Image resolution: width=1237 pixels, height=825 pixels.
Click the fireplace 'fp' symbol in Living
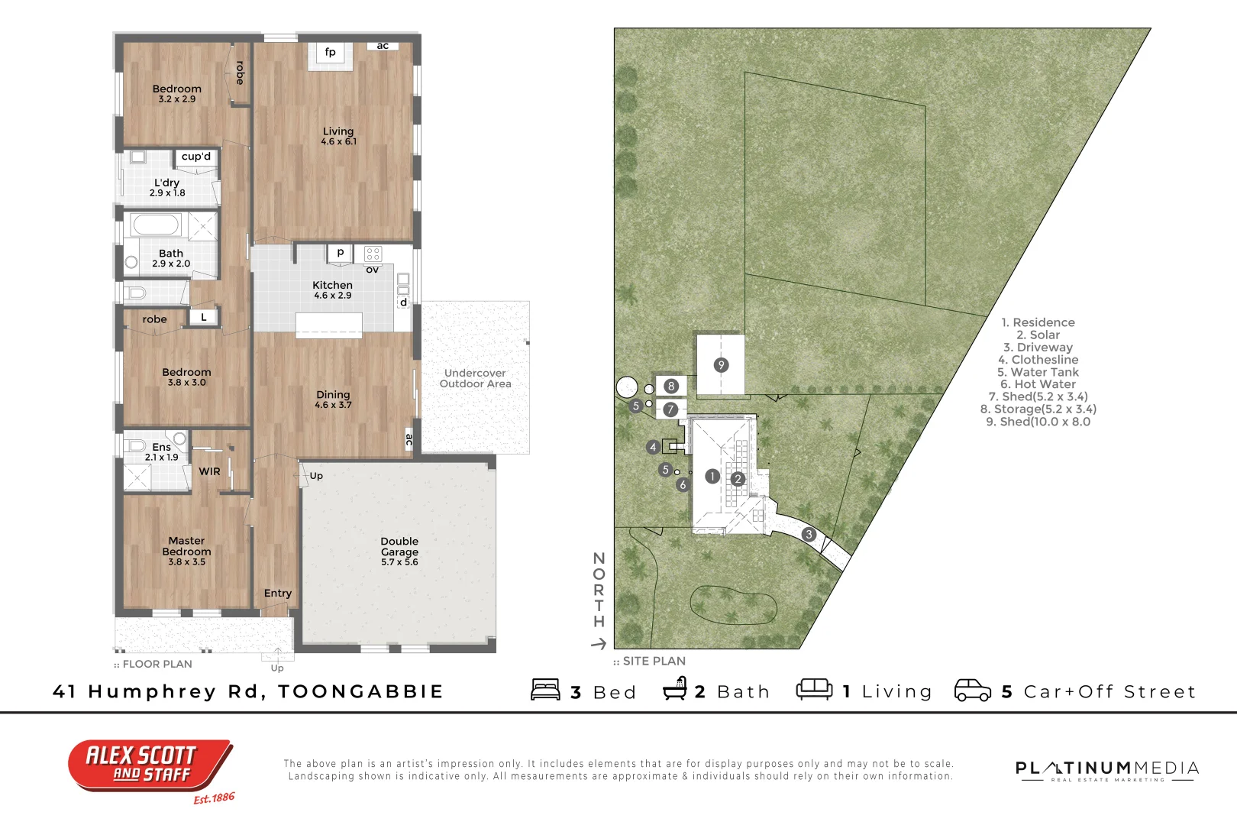point(330,53)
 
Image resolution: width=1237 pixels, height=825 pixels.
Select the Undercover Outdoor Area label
point(475,378)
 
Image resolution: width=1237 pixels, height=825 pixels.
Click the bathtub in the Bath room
point(155,225)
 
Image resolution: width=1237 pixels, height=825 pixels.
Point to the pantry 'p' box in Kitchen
point(340,253)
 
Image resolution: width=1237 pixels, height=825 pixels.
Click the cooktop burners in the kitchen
point(373,254)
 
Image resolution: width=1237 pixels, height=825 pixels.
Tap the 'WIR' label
point(209,471)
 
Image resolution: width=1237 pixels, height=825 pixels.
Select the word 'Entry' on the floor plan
point(278,593)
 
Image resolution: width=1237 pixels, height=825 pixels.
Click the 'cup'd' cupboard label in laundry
point(196,157)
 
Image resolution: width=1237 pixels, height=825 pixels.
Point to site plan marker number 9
point(721,365)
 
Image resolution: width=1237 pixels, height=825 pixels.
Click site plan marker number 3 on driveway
point(809,535)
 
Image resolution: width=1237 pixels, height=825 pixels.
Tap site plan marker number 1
point(712,477)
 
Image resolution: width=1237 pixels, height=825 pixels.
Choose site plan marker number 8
point(671,387)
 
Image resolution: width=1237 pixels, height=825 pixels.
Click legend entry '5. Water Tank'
point(1038,372)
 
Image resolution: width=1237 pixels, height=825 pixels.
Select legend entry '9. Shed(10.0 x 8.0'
point(1038,422)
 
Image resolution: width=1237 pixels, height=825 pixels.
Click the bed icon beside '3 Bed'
point(545,690)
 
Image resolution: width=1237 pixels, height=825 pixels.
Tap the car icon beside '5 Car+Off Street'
point(973,690)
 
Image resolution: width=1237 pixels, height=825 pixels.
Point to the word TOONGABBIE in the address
point(360,691)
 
